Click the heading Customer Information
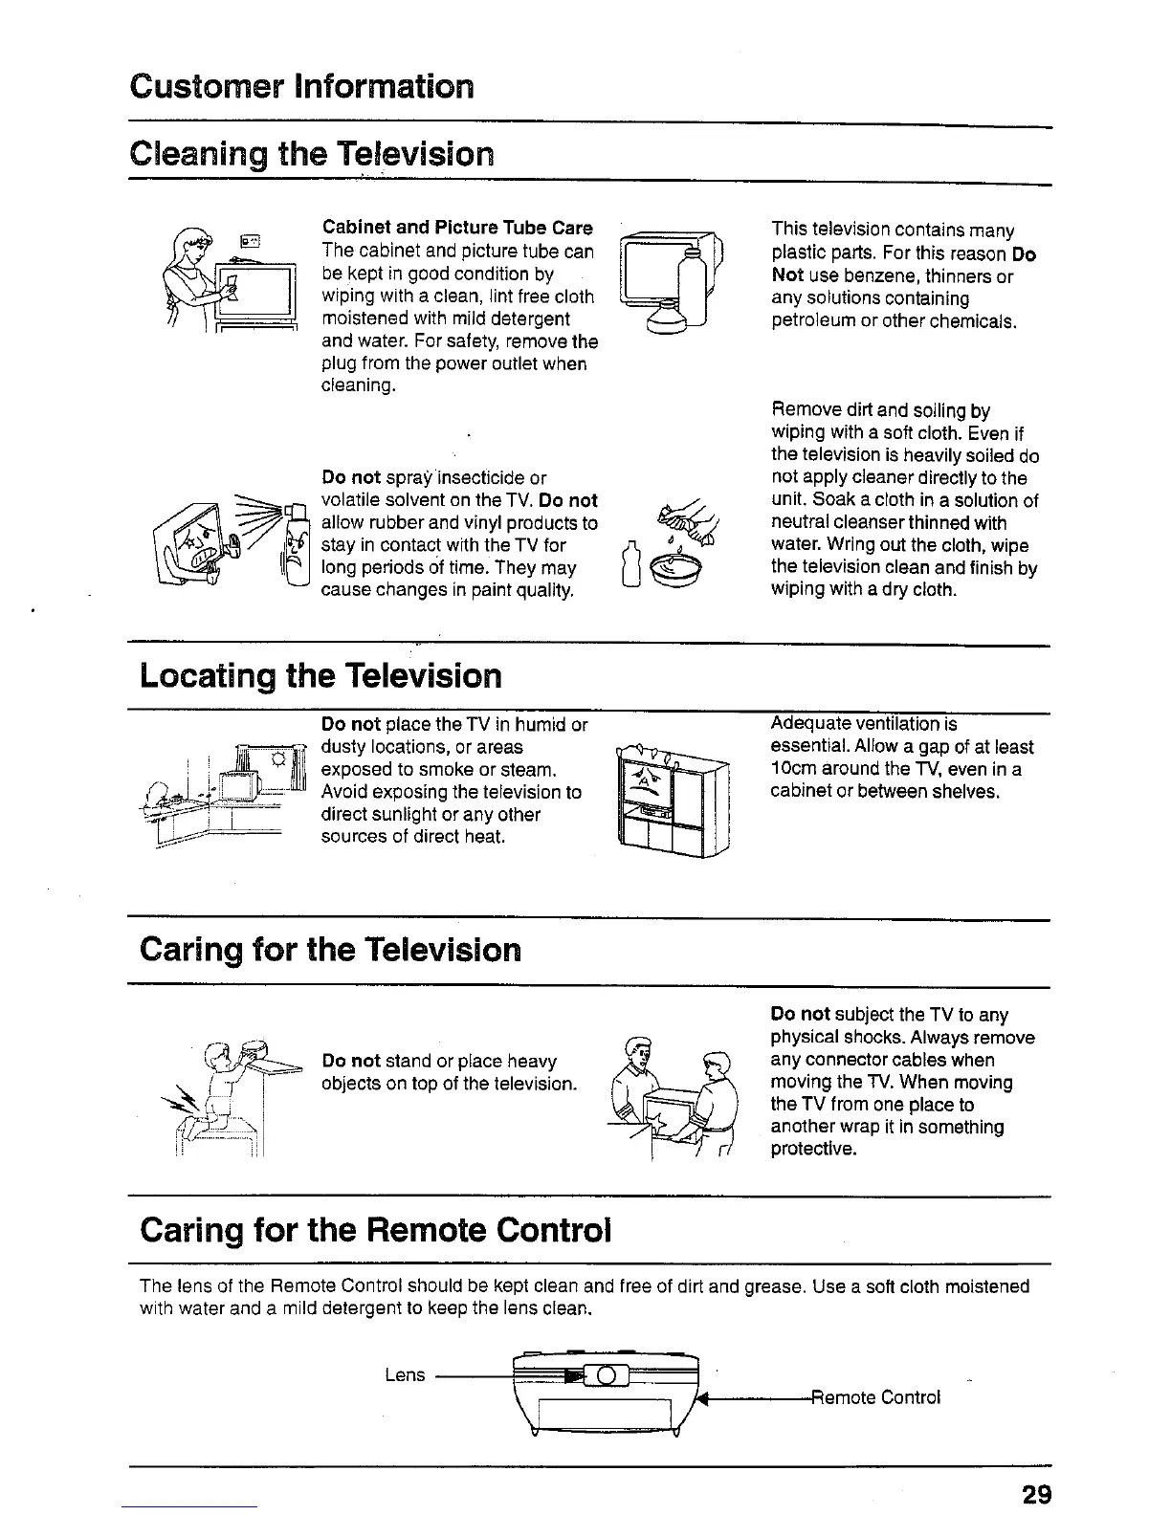coord(300,87)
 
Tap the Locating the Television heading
coord(320,676)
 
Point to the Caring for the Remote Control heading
coord(374,1229)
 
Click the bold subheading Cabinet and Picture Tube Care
coord(457,228)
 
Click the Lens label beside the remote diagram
coord(404,1374)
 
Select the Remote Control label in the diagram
coord(876,1396)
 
